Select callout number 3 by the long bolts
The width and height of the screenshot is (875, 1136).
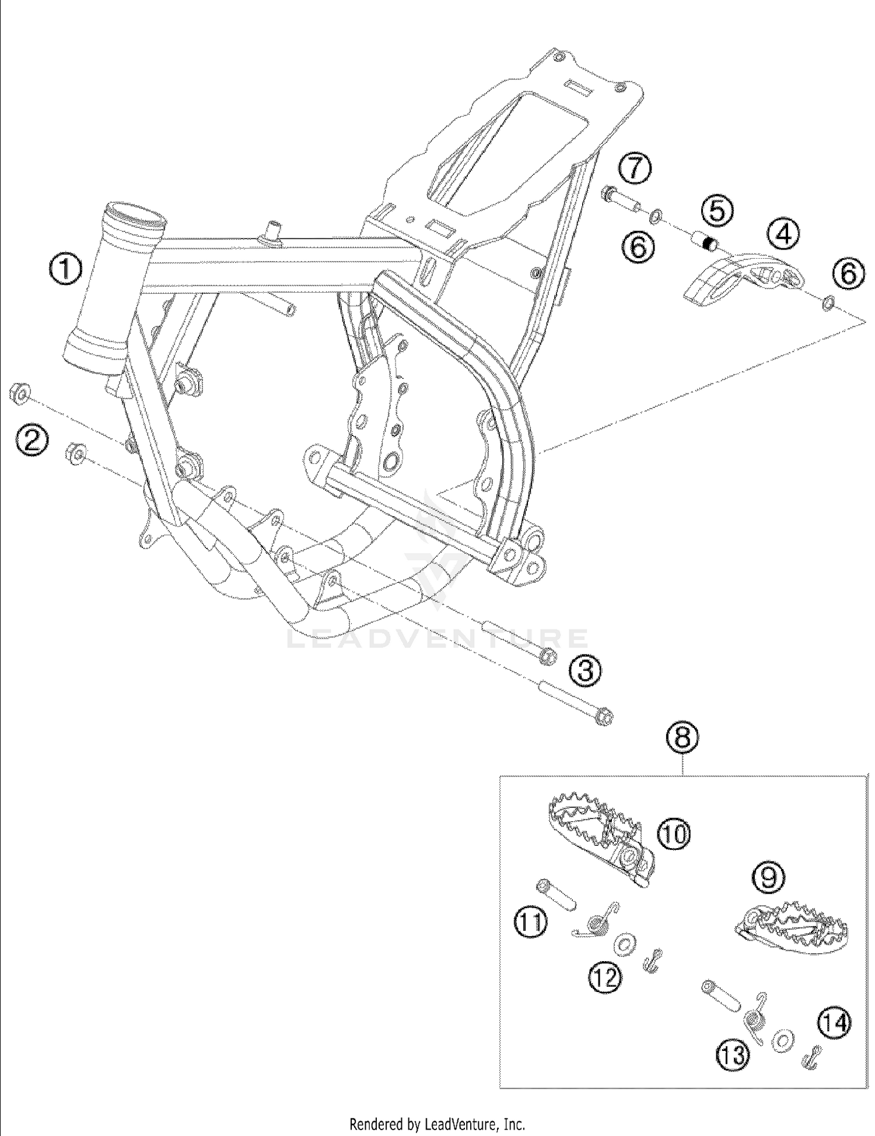coord(585,671)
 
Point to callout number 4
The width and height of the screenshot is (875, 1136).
coord(783,234)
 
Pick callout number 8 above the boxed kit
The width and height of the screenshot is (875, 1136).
coord(683,738)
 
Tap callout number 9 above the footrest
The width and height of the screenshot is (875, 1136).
coord(769,878)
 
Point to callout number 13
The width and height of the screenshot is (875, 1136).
coord(733,1055)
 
